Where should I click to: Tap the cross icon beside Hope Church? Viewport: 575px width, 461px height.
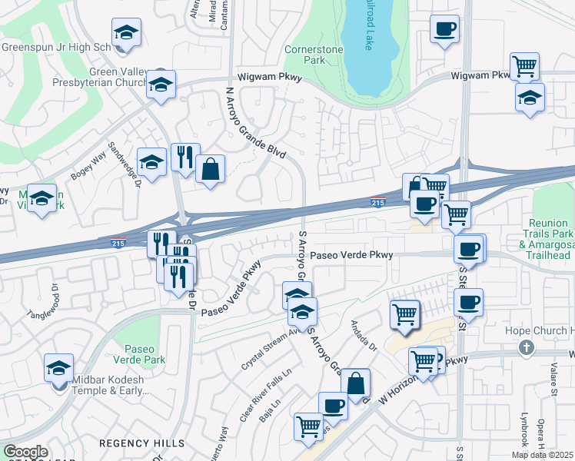coord(527,347)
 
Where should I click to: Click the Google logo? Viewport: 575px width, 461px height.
coord(25,452)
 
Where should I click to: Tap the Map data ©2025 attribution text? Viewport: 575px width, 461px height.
coord(542,455)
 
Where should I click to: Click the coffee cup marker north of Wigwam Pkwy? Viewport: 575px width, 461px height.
coord(444,30)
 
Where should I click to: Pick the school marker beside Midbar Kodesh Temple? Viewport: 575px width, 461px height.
coord(58,368)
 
